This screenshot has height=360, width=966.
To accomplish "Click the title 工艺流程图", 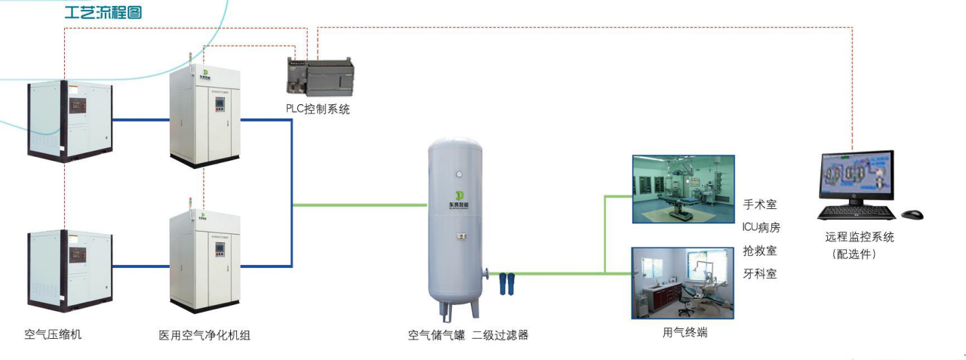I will (103, 13).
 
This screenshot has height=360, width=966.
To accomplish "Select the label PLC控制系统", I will (318, 109).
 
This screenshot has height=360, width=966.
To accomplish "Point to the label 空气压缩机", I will (53, 334).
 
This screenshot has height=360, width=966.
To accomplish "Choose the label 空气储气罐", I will (436, 334).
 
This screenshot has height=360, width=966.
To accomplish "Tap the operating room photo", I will (682, 189).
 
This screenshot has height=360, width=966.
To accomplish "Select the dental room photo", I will (682, 282).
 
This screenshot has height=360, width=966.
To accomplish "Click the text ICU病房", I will (761, 227).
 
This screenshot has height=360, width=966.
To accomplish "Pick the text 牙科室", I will (759, 273).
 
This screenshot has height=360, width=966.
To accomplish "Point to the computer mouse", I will (912, 214).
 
